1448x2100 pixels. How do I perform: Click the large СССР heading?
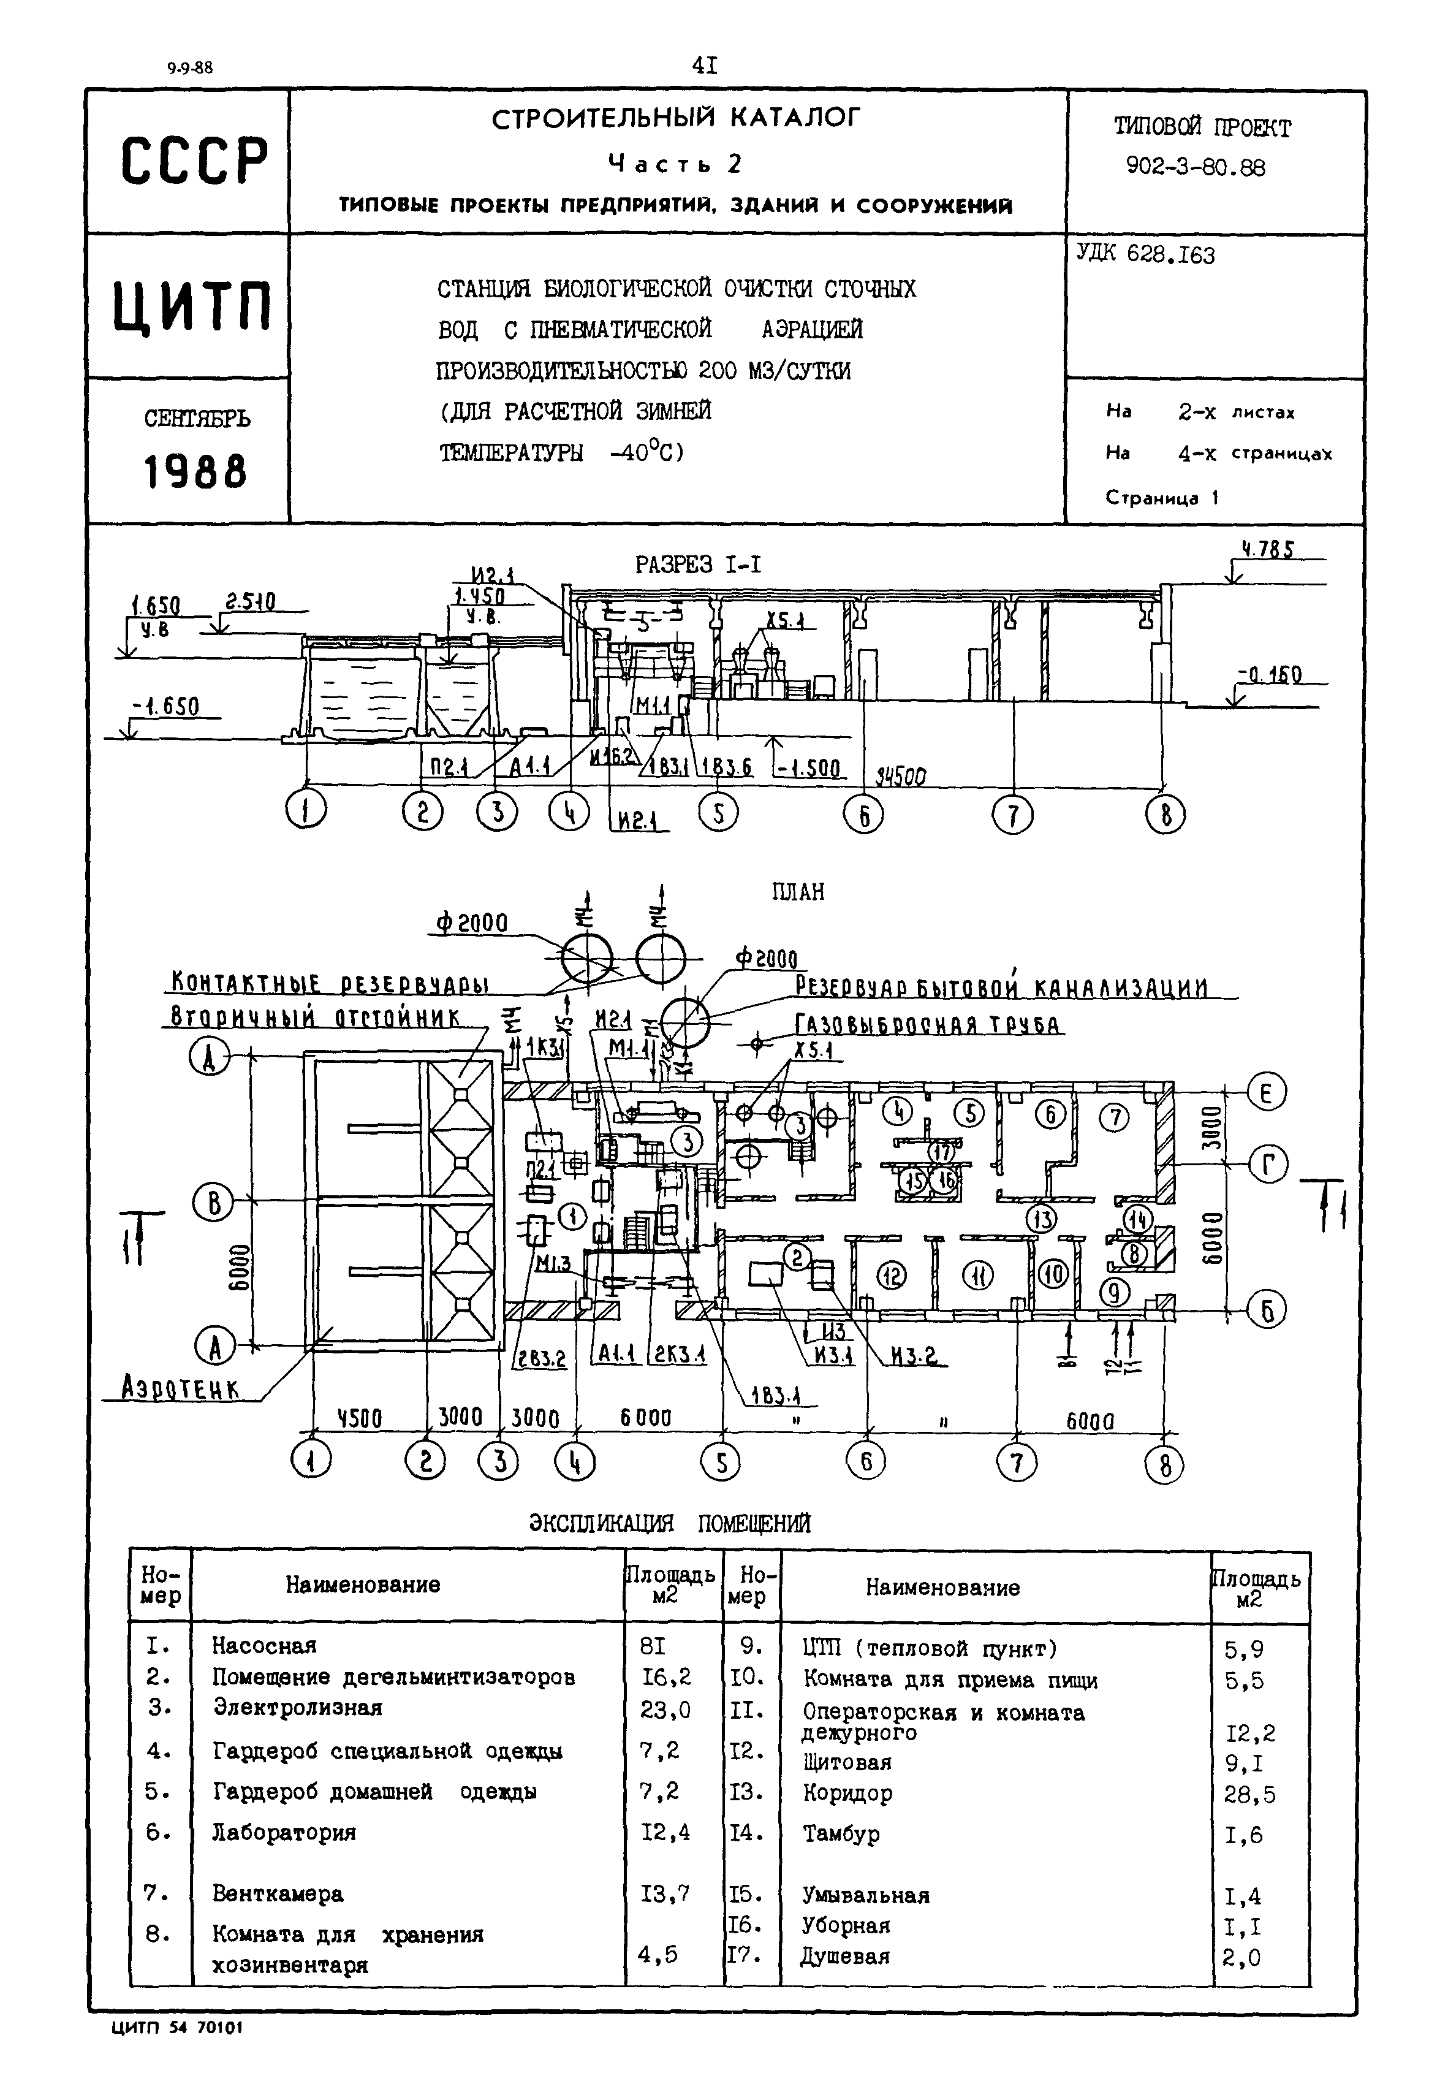(194, 162)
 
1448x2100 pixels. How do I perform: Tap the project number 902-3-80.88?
(1195, 167)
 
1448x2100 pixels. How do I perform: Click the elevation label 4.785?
(1268, 550)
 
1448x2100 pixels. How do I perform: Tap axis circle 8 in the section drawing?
(1166, 816)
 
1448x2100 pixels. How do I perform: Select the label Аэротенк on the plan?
(181, 1388)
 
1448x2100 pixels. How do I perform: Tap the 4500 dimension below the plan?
(360, 1418)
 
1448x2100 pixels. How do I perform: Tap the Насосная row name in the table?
(264, 1645)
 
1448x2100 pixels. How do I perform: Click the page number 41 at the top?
(705, 64)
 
